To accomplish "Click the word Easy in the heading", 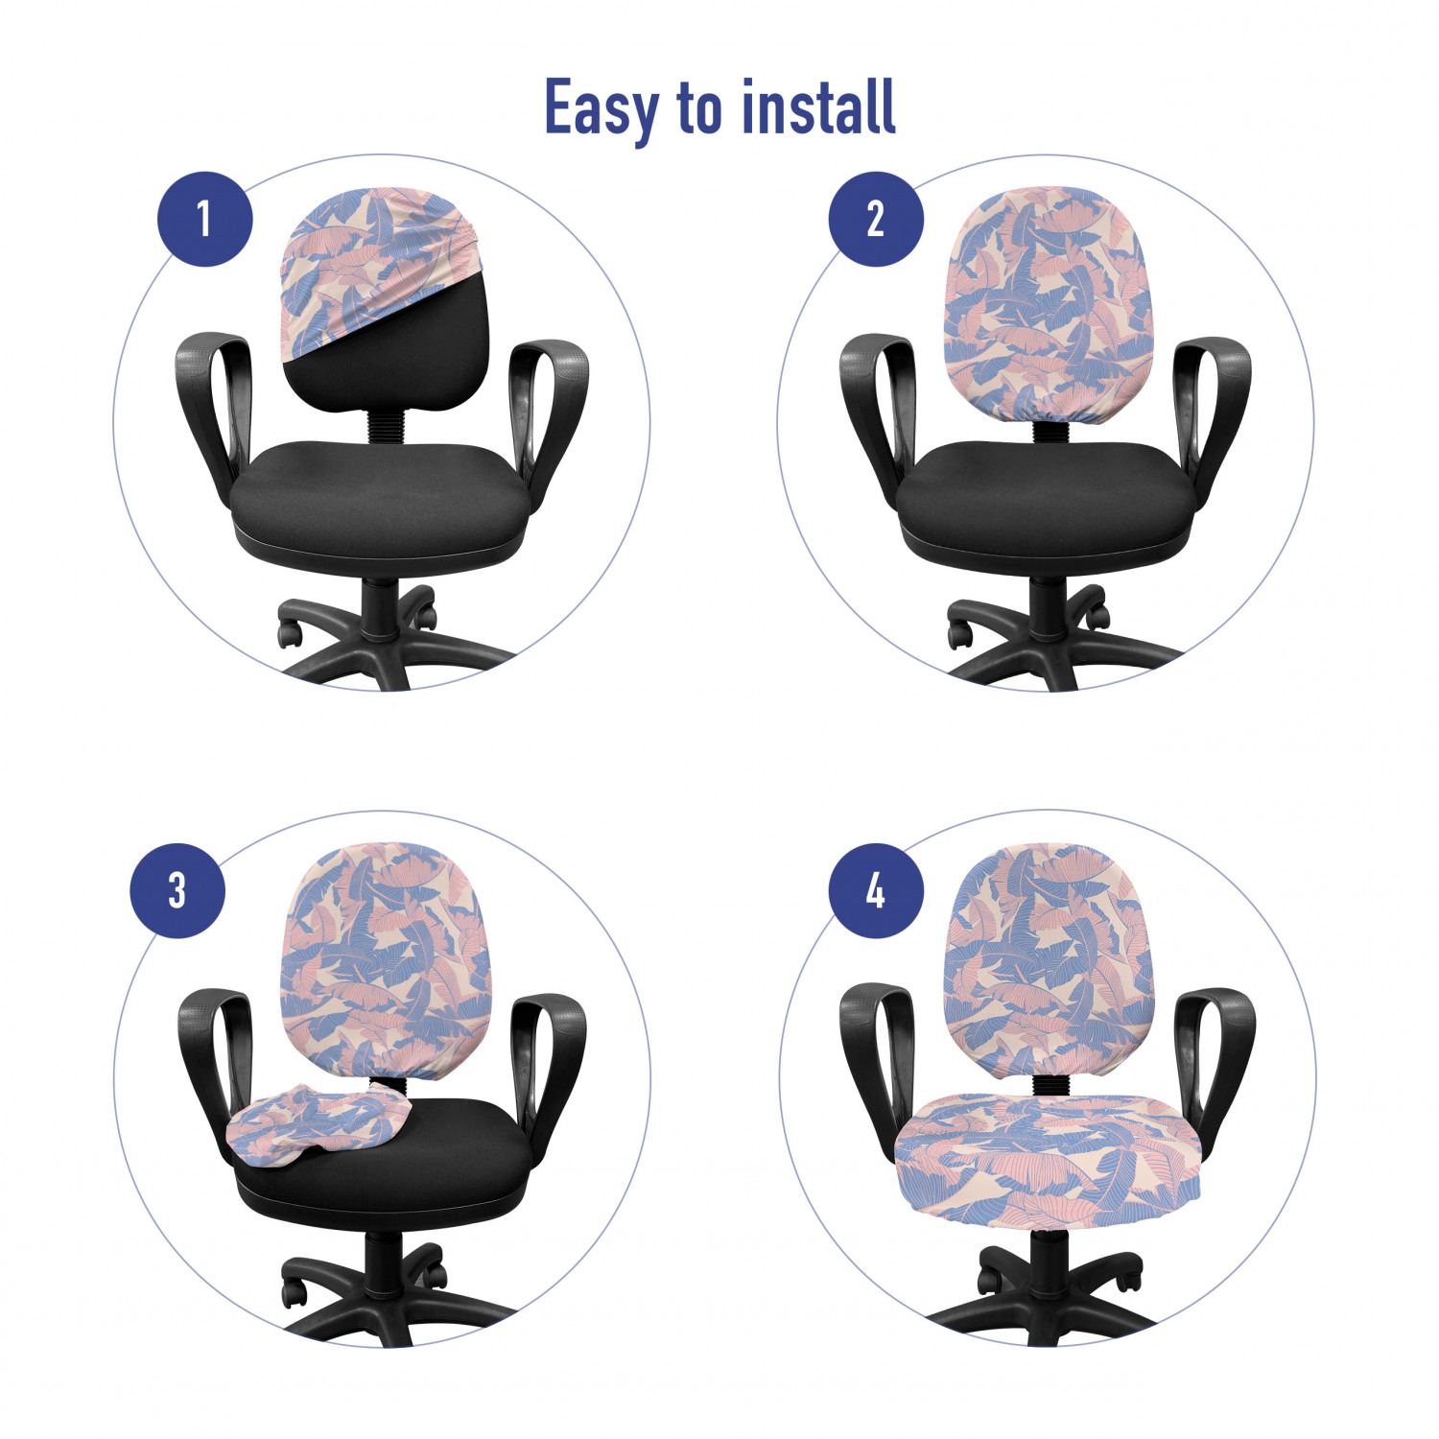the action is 602,108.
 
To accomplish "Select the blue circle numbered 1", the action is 204,219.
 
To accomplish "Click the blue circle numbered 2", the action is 876,219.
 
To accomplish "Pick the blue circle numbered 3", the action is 177,890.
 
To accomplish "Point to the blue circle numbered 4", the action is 876,890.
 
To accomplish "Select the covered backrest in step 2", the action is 1049,304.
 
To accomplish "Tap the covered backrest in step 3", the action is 386,959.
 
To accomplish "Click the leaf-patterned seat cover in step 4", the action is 1048,1161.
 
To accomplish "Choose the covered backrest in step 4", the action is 1049,959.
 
